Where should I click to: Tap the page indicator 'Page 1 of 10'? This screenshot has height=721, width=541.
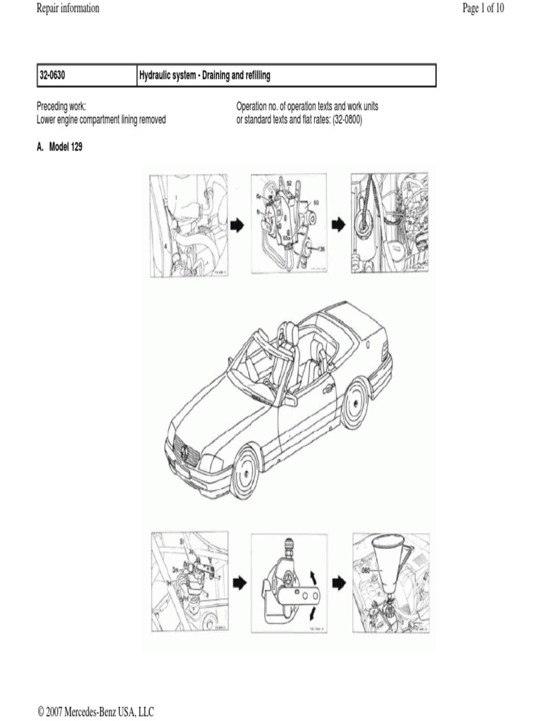[483, 8]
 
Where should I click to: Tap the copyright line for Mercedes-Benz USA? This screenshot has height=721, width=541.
[95, 712]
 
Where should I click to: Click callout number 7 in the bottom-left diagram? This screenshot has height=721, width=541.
[218, 578]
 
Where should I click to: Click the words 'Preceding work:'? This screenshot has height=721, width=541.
[61, 106]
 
